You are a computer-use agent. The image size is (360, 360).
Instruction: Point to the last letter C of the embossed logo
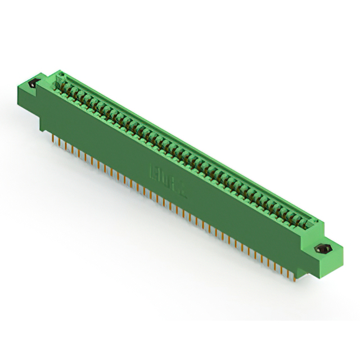coord(183,186)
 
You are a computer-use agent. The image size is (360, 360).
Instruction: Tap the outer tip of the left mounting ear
coord(26,84)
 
